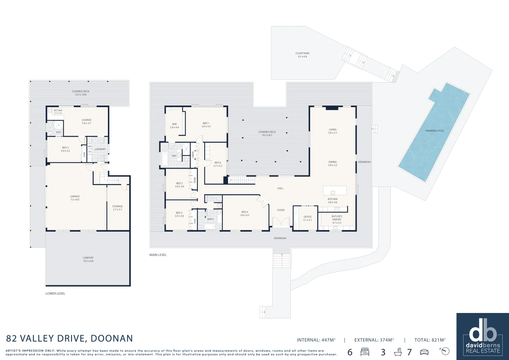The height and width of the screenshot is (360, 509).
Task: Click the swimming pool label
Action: pos(434,131)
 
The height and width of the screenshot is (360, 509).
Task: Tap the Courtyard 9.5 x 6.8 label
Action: pos(302,55)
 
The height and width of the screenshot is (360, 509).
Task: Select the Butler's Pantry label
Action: pos(337,219)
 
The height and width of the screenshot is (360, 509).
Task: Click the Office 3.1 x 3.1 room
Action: pos(307,218)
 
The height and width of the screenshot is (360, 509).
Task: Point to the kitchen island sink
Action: pos(333,192)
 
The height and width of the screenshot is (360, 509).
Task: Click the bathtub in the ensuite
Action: pos(165,159)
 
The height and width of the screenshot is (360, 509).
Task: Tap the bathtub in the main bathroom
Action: pos(210,227)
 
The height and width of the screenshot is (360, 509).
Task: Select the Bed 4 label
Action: pos(245,213)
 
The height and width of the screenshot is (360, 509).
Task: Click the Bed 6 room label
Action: pos(218,164)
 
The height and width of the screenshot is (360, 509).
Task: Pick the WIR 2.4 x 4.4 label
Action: pos(174,126)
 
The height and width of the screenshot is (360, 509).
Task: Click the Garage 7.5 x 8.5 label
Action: pos(75,198)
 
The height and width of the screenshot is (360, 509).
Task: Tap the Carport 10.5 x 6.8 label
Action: pos(88,259)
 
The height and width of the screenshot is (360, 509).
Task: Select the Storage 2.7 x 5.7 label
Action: pos(117,208)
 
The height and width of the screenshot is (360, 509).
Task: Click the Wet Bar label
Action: pos(58,112)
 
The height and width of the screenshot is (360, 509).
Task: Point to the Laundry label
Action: pos(100,149)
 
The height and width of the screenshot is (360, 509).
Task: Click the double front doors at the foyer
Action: pos(281,222)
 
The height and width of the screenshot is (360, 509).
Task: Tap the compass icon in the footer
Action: pos(445,351)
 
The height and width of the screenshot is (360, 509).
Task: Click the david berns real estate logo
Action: pos(483,336)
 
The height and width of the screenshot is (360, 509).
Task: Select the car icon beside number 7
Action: pos(424,352)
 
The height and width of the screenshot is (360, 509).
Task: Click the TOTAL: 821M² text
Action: pos(430,340)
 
